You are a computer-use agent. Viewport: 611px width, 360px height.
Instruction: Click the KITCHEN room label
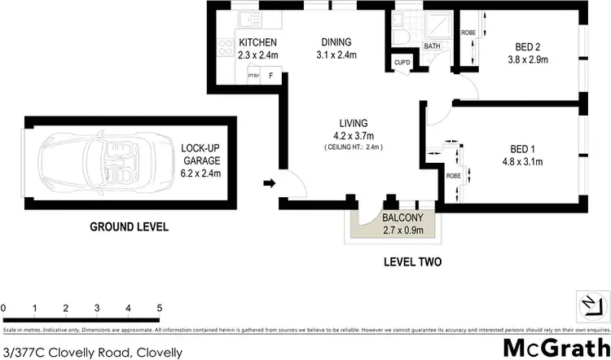258,43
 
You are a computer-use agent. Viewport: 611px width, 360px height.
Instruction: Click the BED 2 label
530,46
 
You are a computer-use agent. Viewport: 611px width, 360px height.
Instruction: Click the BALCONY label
402,218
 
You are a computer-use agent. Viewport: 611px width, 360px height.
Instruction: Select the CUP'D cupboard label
401,63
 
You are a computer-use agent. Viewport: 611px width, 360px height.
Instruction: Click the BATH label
432,46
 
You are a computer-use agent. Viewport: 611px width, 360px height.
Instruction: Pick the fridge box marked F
270,76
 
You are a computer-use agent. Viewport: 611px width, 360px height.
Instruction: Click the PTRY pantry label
253,76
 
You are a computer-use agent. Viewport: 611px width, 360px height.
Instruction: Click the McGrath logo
555,345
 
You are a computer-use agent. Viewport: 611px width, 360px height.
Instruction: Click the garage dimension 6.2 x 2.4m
200,173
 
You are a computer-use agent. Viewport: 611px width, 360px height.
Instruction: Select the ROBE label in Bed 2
468,33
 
